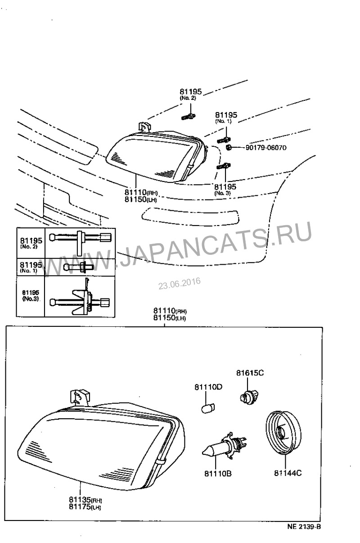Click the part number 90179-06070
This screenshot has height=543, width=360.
tap(266, 148)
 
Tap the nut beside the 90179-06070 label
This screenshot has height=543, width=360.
tap(229, 147)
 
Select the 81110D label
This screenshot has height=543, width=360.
tap(208, 387)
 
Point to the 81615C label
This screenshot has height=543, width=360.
tap(250, 373)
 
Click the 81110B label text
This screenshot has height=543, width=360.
tap(218, 473)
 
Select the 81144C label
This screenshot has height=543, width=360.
tap(288, 473)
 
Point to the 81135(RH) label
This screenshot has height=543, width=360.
tap(85, 500)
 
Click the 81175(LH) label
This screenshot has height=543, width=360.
tap(85, 507)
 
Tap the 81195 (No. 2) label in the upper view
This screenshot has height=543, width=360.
tap(190, 94)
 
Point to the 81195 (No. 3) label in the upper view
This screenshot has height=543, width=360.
tap(225, 189)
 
